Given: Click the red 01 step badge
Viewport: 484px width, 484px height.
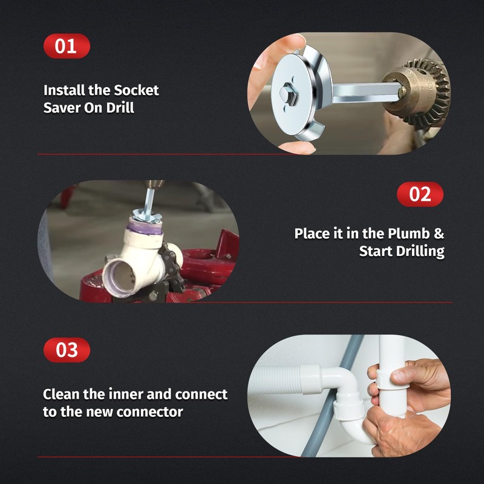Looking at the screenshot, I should coord(67,47).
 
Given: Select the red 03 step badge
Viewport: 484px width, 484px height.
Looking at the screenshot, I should coord(67,350).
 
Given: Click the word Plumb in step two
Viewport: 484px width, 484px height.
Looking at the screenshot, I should coord(408,234).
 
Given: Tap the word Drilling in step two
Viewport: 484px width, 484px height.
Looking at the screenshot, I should coord(419,251).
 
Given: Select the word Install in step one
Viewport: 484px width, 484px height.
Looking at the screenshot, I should coord(64,91).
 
